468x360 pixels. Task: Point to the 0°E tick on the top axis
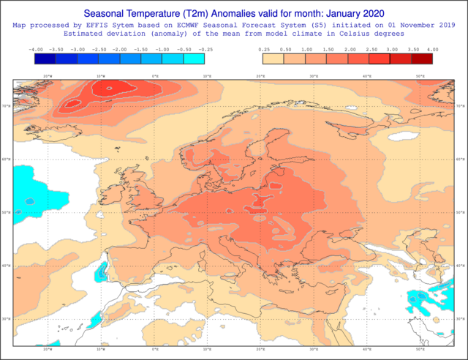coord(155,75)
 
